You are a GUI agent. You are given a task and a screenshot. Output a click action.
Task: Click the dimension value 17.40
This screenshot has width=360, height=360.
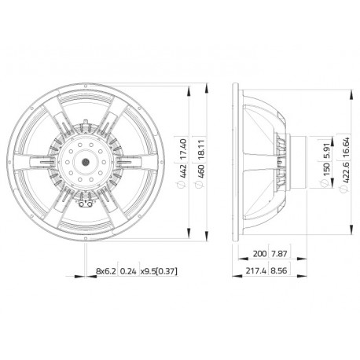183,149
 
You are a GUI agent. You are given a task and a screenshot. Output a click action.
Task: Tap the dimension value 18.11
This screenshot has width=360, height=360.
200,149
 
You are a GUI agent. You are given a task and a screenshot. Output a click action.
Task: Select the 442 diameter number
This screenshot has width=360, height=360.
183,171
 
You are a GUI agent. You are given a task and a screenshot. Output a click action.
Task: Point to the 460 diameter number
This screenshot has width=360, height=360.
200,171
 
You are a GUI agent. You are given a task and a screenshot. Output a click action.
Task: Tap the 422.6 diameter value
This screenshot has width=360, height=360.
346,172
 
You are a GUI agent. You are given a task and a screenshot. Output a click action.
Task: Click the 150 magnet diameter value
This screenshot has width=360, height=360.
326,170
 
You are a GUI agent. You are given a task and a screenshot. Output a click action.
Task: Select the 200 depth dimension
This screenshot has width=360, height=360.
259,254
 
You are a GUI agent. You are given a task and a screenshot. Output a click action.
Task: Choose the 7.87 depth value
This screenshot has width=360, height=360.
279,254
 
